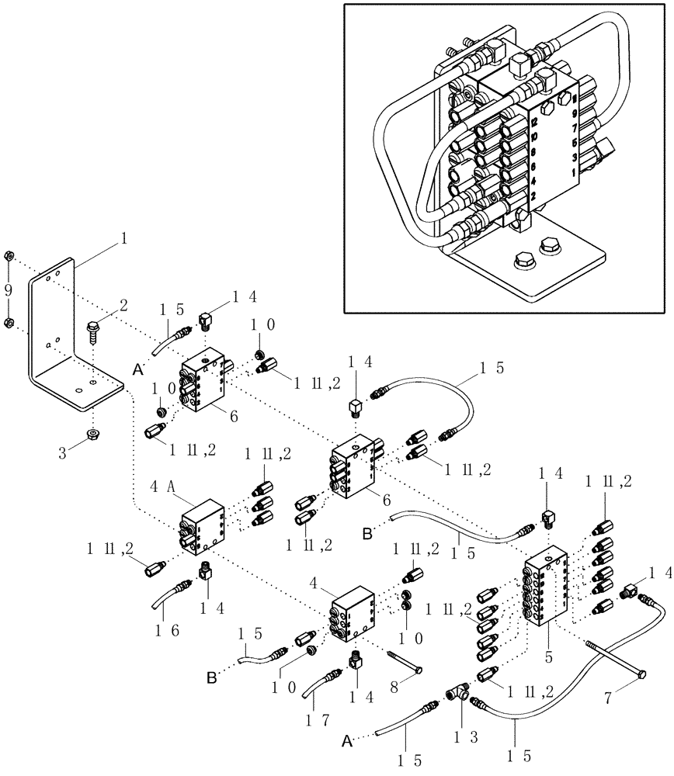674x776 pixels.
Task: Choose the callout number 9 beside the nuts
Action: coord(9,290)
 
